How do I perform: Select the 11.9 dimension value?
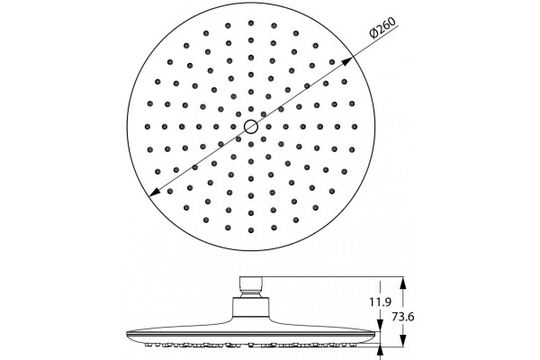click(380, 302)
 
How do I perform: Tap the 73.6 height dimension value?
click(403, 316)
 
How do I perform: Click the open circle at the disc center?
click(251, 127)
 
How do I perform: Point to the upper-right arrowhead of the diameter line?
click(347, 61)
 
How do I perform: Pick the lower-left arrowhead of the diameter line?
click(155, 193)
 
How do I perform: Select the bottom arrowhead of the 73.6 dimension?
click(403, 341)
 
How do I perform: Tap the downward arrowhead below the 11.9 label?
click(380, 325)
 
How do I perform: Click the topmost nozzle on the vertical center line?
click(251, 23)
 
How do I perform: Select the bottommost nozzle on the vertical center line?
click(251, 230)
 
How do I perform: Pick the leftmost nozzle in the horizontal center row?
click(148, 127)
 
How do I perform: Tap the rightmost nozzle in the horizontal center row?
click(355, 127)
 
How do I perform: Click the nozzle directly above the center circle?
click(251, 109)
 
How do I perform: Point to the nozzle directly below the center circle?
click(251, 144)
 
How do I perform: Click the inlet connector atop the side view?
click(251, 286)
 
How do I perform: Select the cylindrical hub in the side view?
click(251, 308)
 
